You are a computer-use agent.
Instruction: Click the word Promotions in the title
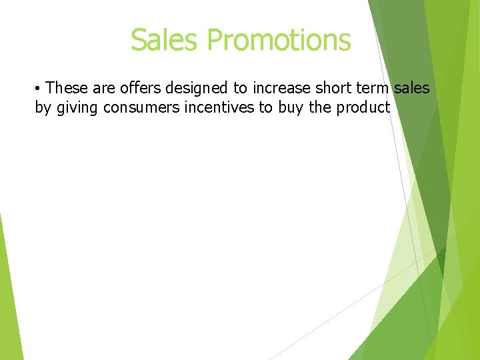click(279, 40)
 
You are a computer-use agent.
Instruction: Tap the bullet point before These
click(39, 89)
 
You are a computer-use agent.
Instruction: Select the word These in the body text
click(67, 88)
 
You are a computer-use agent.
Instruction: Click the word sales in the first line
click(412, 88)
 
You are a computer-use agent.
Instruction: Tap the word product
click(363, 107)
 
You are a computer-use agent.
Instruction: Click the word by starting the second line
click(43, 107)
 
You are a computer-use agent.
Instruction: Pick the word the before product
click(321, 107)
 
